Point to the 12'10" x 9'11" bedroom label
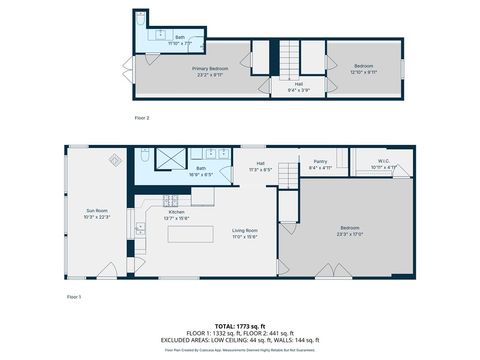tap(364, 68)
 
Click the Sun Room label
tap(97, 211)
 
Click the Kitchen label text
tap(176, 212)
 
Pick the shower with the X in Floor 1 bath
tap(173, 157)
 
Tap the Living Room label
tap(245, 231)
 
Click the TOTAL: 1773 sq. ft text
tap(240, 325)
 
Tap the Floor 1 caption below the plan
tap(73, 297)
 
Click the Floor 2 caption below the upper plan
tap(142, 118)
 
